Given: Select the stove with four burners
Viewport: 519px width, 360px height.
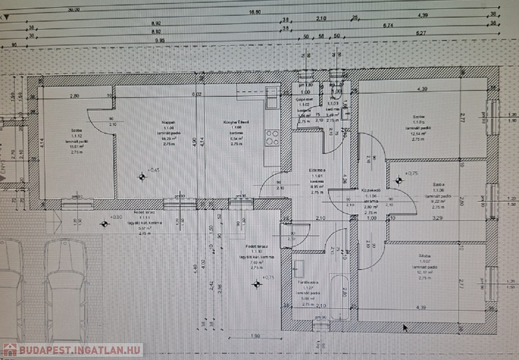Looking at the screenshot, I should click(272, 137).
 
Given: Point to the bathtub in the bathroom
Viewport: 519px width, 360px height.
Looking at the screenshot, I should click(339, 297).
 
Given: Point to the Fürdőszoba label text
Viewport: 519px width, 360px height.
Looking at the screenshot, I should click(307, 282).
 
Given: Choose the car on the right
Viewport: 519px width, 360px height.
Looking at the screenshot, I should click(65, 289).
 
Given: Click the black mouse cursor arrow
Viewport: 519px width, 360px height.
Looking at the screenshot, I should click(405, 328).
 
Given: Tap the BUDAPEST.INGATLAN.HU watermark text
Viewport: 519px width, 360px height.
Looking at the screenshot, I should click(79, 350).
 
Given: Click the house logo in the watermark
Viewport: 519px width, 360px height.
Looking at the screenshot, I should click(10, 350).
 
